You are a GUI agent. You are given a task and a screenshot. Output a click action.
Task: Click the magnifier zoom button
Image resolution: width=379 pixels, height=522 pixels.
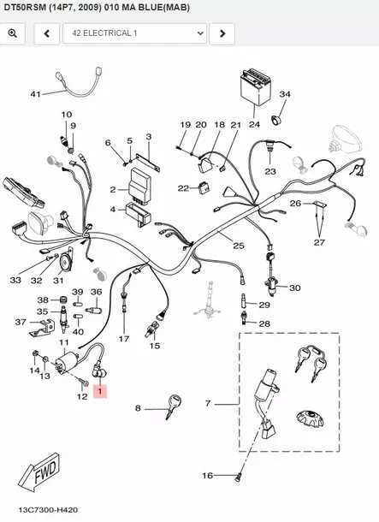pyautogui.click(x=13, y=33)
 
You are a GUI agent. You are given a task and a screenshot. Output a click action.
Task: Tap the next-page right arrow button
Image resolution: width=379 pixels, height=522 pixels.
pyautogui.click(x=222, y=33)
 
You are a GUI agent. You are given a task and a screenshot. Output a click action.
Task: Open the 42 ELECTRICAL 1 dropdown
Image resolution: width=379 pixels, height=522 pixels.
pyautogui.click(x=135, y=33)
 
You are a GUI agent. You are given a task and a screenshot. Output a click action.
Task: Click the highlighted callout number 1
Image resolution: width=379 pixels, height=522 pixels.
pyautogui.click(x=100, y=392)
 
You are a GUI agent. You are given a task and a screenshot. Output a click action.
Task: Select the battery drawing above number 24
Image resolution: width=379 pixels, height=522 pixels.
pyautogui.click(x=255, y=86)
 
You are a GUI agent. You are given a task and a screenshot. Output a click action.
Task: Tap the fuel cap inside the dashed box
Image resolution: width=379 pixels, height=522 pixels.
pyautogui.click(x=310, y=418)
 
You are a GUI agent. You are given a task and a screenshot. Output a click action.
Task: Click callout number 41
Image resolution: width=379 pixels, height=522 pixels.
pyautogui.click(x=35, y=94)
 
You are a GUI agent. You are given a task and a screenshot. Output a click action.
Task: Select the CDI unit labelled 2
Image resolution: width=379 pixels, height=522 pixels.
pyautogui.click(x=139, y=183)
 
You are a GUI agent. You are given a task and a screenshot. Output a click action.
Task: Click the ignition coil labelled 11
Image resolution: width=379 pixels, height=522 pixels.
pyautogui.click(x=68, y=362)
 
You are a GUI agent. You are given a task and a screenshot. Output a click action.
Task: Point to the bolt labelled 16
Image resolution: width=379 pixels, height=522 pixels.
pyautogui.click(x=238, y=478)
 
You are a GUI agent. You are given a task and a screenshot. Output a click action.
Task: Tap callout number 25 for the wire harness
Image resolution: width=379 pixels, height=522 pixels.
pyautogui.click(x=239, y=246)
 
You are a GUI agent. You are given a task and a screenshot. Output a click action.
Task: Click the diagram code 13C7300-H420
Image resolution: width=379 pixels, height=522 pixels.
pyautogui.click(x=48, y=510)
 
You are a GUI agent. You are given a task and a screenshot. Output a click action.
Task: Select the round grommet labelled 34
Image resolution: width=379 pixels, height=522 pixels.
pyautogui.click(x=275, y=120)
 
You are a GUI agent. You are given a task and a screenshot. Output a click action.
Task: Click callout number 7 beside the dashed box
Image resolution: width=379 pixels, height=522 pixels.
pyautogui.click(x=208, y=404)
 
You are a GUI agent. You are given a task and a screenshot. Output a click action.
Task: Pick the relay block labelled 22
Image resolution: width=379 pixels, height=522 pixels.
pyautogui.click(x=204, y=187)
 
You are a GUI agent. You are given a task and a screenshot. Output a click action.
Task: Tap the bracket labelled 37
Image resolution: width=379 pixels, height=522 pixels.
pyautogui.click(x=42, y=328)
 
